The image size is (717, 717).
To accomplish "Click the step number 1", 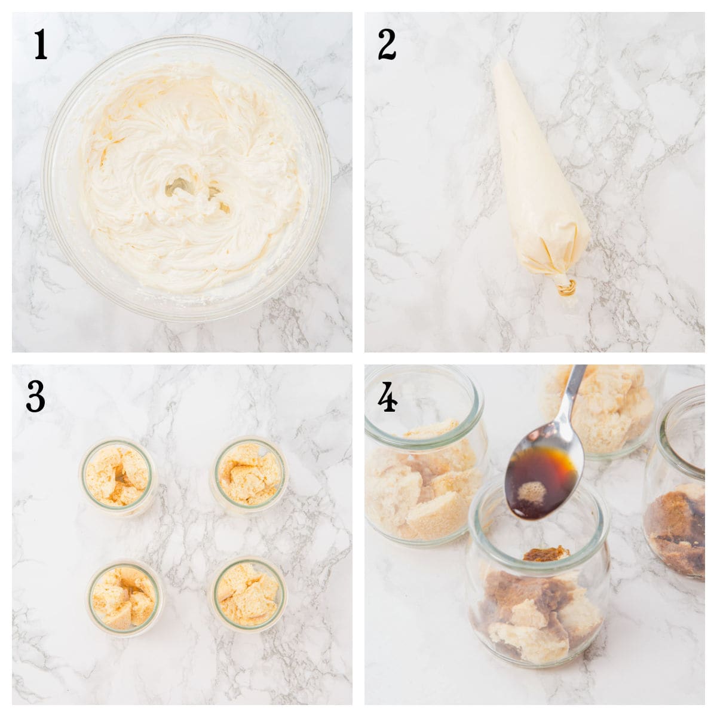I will (40, 45).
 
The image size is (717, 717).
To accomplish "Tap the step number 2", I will (387, 45).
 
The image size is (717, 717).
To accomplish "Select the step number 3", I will (36, 397).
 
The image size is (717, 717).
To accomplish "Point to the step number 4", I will (387, 397).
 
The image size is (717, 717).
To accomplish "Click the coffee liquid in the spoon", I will (541, 478).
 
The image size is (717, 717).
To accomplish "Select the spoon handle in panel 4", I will (573, 394).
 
